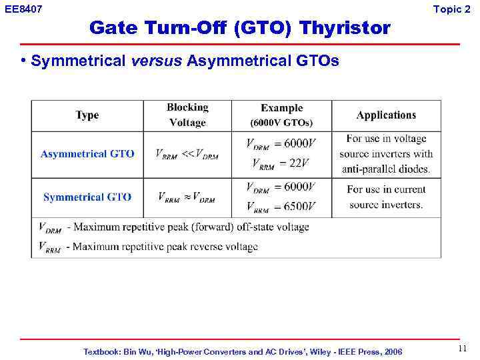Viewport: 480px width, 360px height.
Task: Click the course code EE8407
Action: (23, 9)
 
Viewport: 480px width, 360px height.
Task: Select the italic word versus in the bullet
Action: (156, 62)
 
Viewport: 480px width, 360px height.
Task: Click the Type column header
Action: (87, 115)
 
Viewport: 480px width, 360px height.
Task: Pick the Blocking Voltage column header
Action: (187, 115)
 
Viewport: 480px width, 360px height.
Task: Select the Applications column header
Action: (386, 115)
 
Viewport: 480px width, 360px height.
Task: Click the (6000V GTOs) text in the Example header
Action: (281, 123)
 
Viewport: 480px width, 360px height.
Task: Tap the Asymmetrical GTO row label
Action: (87, 154)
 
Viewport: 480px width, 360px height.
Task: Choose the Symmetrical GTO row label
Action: (87, 197)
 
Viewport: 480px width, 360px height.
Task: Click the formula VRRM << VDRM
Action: (187, 155)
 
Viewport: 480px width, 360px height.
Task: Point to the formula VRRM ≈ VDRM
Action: (187, 198)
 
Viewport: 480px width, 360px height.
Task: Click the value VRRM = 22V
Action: (281, 164)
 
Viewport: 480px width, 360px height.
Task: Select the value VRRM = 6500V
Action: (281, 207)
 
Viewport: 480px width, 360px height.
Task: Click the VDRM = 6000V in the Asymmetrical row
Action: (281, 143)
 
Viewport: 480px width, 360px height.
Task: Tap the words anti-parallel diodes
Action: (386, 169)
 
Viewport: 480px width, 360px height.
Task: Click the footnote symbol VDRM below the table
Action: (50, 228)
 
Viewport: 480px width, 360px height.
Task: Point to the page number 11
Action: (463, 349)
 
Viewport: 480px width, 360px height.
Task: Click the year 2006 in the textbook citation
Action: (393, 351)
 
